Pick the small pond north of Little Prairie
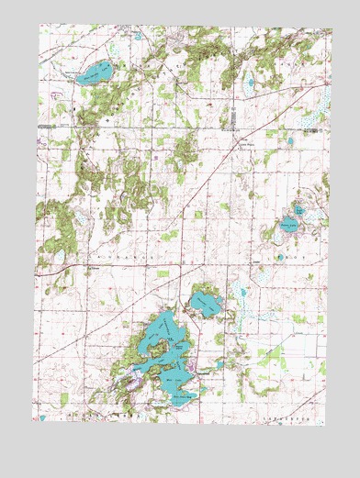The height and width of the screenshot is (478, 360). click(249, 83)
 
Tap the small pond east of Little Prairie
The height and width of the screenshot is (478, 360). click(290, 141)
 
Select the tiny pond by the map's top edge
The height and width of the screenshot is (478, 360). click(138, 37)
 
